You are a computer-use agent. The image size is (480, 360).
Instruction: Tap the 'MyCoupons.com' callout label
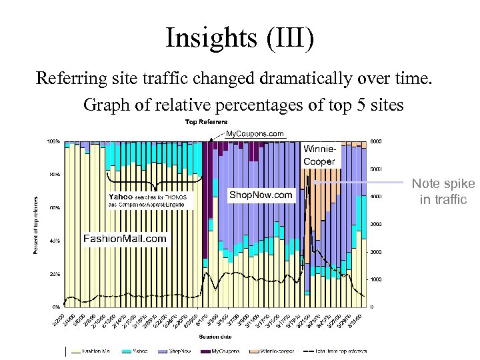tap(254, 133)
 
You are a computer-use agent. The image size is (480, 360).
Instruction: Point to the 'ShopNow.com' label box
tap(261, 195)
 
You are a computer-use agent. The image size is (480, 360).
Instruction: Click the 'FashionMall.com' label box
tap(124, 238)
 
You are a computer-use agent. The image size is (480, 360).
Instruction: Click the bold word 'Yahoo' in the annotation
tap(121, 197)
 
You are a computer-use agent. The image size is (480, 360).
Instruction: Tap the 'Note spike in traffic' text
tap(443, 191)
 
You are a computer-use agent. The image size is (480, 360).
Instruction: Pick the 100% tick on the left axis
tap(53, 141)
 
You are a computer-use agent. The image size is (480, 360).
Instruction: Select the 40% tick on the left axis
tap(54, 241)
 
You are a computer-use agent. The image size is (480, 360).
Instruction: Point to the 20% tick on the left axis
tap(54, 274)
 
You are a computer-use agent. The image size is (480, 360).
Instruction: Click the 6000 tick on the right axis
tap(377, 141)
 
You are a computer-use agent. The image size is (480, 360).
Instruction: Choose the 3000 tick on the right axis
tap(377, 224)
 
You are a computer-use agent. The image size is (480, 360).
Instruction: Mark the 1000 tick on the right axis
tap(377, 279)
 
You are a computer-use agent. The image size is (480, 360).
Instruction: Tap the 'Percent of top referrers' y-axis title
tap(36, 224)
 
